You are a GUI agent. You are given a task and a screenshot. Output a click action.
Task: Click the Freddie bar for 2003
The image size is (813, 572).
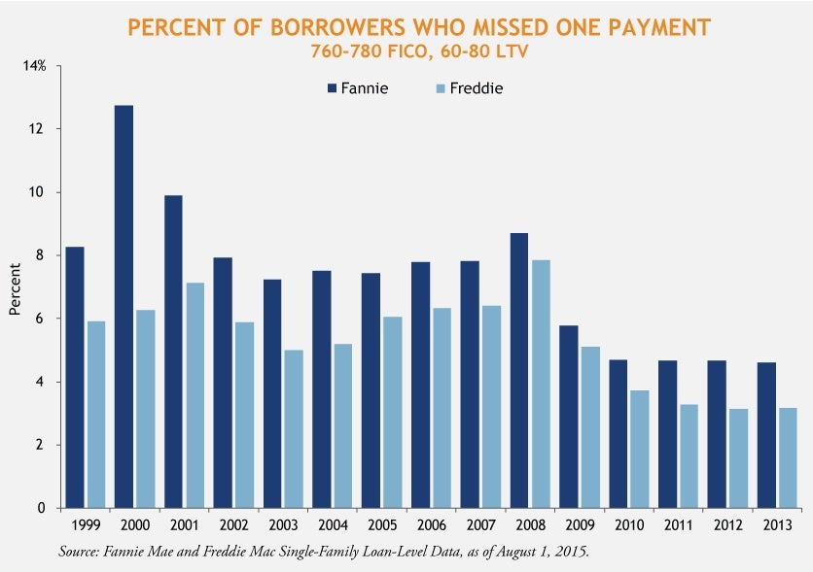coord(293,428)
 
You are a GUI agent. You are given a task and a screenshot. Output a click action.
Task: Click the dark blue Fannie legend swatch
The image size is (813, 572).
coord(332,88)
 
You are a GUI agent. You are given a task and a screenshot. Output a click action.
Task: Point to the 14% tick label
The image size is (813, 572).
coord(36,66)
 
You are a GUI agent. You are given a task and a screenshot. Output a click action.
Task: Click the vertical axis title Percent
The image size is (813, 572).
coord(15,287)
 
